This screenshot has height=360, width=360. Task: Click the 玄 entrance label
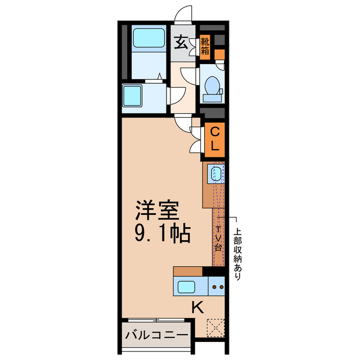pyautogui.click(x=181, y=42)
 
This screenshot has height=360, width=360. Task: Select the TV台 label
pyautogui.click(x=218, y=238)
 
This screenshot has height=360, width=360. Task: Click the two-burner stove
pyautogui.click(x=217, y=287)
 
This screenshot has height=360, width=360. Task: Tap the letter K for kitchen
pyautogui.click(x=197, y=308)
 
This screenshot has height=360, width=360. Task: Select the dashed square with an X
pyautogui.click(x=214, y=327)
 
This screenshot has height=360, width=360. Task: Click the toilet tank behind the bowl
pyautogui.click(x=213, y=97)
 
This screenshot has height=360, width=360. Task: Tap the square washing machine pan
pyautogui.click(x=134, y=96)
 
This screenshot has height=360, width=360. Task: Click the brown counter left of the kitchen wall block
pyautogui.click(x=188, y=271)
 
